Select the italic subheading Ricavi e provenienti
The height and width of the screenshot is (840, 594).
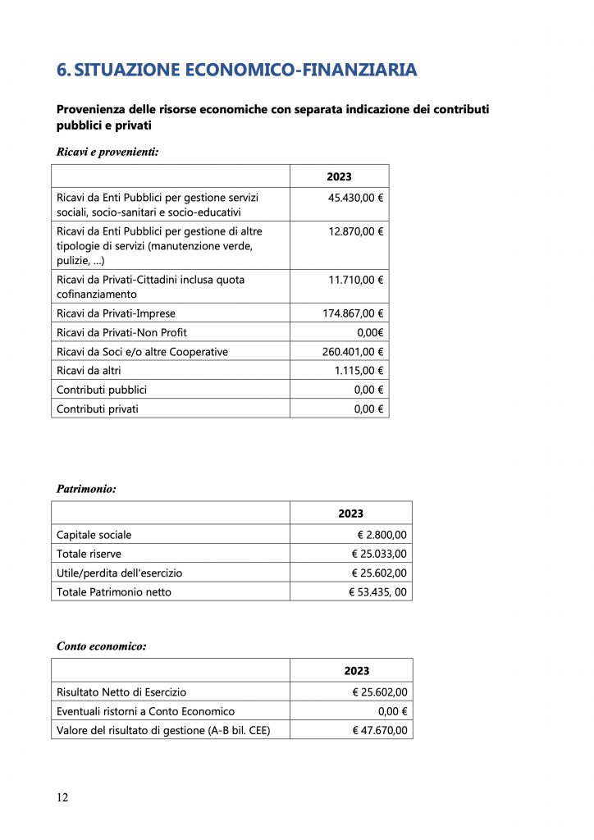(107, 152)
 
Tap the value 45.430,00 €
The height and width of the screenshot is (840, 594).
(356, 198)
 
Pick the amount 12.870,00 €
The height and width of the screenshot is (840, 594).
(356, 232)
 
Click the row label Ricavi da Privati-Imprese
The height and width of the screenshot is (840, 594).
(116, 313)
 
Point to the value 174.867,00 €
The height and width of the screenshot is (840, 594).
(353, 313)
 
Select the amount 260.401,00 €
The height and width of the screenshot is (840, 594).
(353, 352)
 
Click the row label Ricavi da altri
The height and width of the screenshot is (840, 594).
(89, 371)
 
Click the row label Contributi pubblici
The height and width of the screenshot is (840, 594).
(102, 390)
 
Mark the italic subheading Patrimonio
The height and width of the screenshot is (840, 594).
(86, 489)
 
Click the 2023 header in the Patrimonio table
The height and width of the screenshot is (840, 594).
(350, 514)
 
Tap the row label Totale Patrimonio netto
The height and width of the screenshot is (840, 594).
(114, 591)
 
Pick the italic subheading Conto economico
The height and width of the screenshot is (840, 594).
(102, 646)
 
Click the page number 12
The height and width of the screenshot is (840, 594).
(62, 798)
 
